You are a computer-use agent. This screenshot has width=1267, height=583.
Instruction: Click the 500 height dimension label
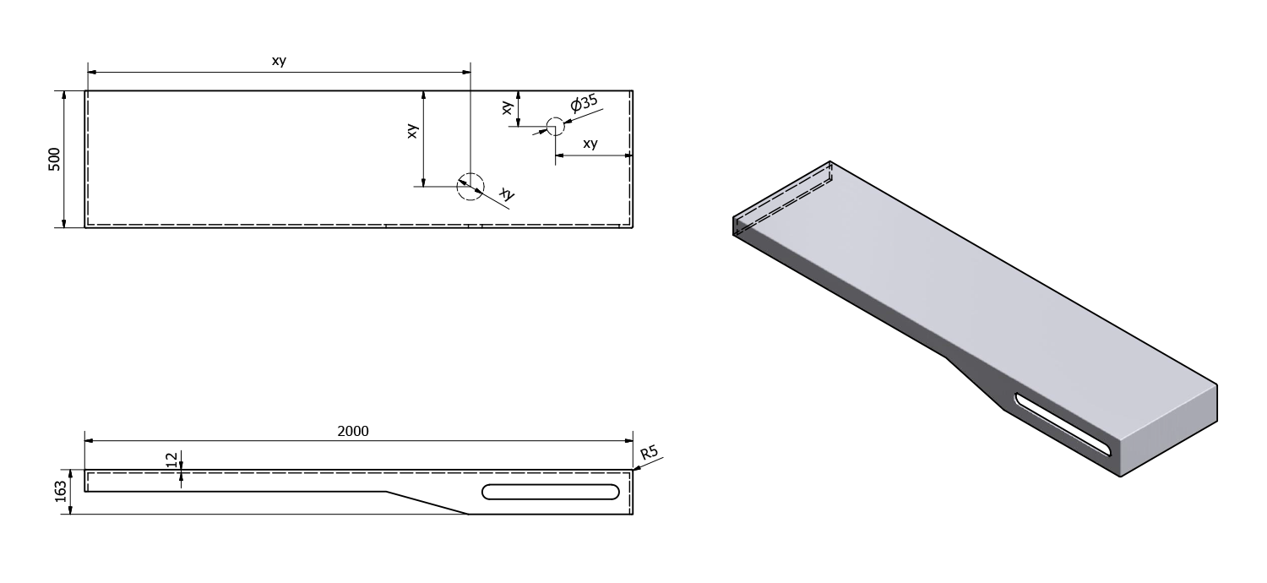coord(54,159)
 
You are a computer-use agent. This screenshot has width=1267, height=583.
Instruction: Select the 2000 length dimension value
coord(353,431)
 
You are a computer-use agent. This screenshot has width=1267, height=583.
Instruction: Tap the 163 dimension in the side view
coord(61,491)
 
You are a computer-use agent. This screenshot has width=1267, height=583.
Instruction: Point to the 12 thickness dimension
coord(171,459)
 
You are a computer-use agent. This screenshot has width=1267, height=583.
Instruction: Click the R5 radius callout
coord(649,453)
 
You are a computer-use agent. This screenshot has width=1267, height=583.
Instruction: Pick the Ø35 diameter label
coord(584,103)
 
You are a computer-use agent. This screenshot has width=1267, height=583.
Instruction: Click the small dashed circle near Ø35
coord(556,126)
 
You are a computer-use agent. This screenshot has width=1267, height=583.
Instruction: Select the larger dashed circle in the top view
coord(470,186)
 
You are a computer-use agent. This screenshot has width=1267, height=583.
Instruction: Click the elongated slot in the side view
coord(551,492)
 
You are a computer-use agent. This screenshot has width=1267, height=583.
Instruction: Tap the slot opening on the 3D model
coord(1063,424)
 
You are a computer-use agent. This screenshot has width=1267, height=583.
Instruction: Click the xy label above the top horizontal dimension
coord(279,61)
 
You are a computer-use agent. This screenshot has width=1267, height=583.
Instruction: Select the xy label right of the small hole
coord(590,143)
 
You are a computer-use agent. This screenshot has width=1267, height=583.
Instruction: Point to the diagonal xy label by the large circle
coord(508,194)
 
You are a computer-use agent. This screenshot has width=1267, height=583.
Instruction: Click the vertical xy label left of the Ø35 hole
coord(508,107)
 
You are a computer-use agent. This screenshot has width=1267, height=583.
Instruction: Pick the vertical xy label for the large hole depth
coord(412,131)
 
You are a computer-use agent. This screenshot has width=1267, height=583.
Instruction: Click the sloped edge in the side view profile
coord(427,503)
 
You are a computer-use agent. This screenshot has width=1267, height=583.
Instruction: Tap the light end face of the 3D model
coord(1168,430)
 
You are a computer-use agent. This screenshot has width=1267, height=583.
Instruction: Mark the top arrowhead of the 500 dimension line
coord(64,95)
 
